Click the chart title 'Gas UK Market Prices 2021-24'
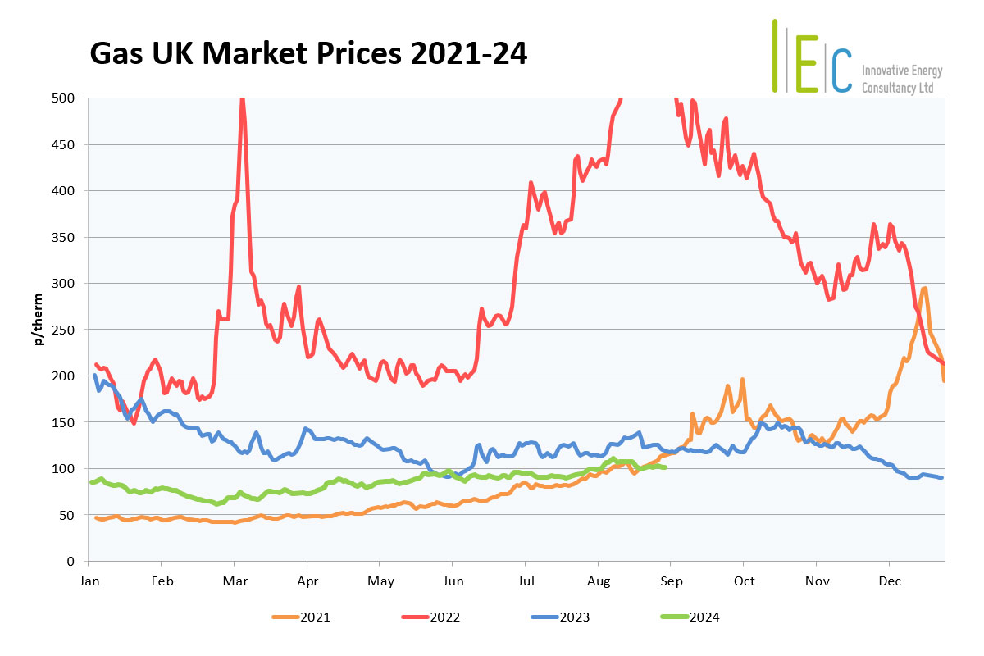click(307, 53)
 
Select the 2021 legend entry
click(315, 617)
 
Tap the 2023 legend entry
click(574, 617)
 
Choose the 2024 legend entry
click(704, 617)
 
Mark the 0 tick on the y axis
click(71, 562)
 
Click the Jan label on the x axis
click(89, 581)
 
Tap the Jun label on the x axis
click(453, 581)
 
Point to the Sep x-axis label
click(671, 581)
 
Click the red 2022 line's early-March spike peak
click(242, 100)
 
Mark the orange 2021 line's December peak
click(924, 288)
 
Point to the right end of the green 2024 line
click(664, 467)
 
